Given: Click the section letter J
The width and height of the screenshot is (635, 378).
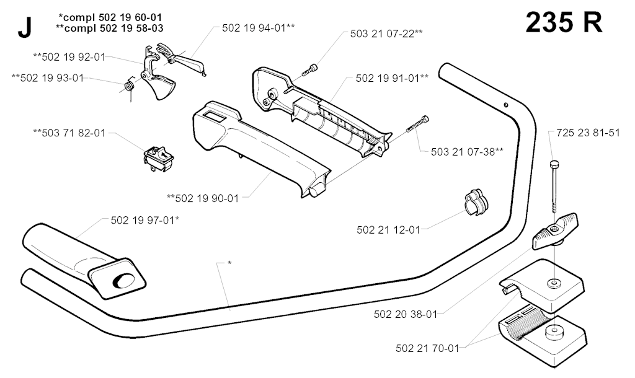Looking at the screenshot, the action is point(25,29).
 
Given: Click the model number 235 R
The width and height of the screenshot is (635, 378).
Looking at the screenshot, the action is point(564,22).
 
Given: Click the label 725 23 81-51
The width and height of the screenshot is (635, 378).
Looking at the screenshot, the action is point(588,133).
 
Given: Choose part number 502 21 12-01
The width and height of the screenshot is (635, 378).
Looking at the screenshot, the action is point(388,230).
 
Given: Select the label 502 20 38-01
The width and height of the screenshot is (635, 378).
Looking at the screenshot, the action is point(406,314).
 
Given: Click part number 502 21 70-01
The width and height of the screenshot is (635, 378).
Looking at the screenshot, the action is point(427,348).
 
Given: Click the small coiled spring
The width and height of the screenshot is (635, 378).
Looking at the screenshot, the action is point(129,86).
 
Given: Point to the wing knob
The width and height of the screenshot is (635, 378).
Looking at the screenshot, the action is point(555,233).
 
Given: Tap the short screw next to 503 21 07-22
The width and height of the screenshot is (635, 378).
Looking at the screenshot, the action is point(309,69).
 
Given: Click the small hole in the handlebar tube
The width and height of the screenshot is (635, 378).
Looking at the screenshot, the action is point(506,105).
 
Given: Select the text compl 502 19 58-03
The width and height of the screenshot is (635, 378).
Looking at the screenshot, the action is point(113,28).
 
